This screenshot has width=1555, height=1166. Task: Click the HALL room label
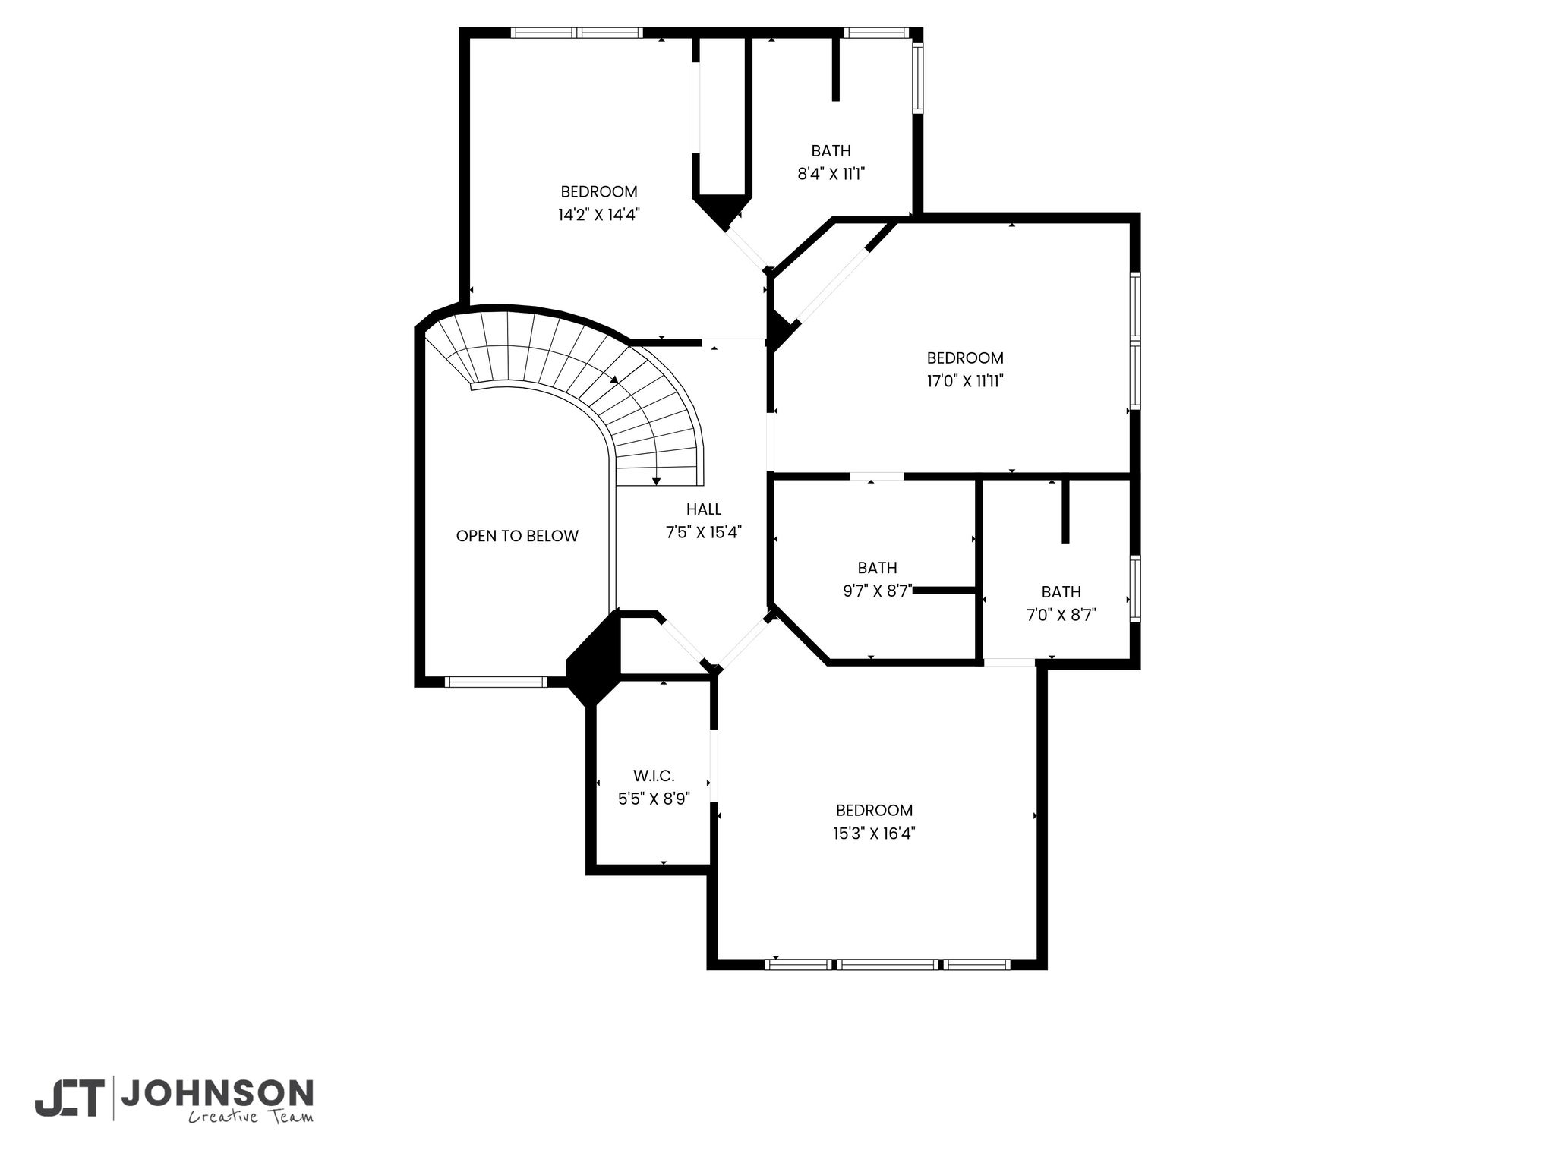point(704,509)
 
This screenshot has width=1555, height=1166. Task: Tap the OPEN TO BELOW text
point(517,536)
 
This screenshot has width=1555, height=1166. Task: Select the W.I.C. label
point(654,776)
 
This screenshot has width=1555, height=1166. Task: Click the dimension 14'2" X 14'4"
point(599,215)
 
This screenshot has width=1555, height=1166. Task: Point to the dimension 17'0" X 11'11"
point(965,381)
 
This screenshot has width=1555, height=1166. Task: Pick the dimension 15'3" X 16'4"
point(874,834)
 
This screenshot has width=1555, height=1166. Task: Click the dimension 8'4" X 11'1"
point(831,174)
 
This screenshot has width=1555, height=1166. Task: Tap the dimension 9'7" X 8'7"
point(878,591)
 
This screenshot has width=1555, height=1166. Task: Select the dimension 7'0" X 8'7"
point(1061,616)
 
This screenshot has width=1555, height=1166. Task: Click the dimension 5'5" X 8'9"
point(654,799)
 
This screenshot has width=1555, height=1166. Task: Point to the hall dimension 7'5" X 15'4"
point(704,533)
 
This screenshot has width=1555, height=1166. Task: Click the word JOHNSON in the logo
point(217,1094)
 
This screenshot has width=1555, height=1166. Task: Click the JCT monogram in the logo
point(68,1098)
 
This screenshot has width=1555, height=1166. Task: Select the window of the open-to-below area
point(495,682)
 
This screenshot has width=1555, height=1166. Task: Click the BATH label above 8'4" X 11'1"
point(831,151)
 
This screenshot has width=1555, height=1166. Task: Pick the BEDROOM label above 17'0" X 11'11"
point(965,358)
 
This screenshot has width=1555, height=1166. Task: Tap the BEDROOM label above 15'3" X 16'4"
point(874,810)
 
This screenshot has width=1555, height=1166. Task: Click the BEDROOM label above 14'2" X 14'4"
point(599,192)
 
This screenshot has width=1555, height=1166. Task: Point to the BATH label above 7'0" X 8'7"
point(1061,592)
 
